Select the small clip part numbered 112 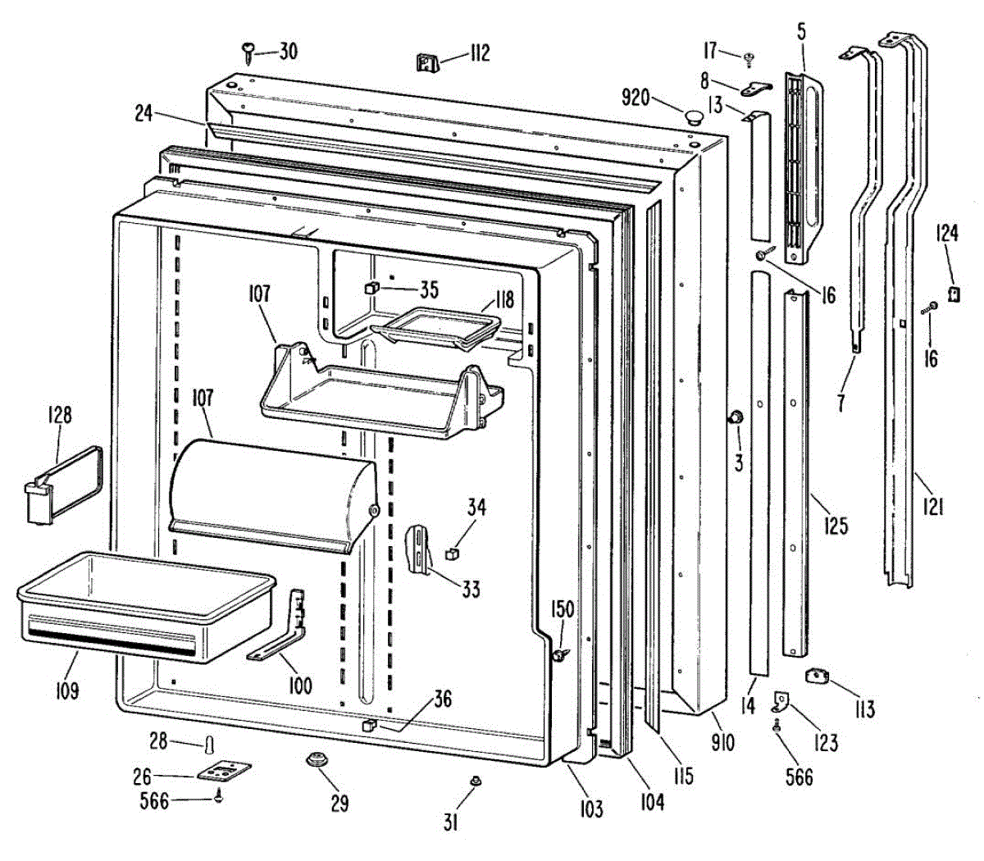click(x=427, y=61)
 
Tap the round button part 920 click(x=694, y=116)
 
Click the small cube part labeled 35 click(x=371, y=288)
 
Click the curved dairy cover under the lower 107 click(x=271, y=492)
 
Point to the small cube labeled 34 click(x=450, y=554)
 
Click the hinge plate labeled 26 click(x=222, y=772)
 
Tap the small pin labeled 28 click(x=210, y=745)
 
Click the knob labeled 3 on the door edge click(x=736, y=418)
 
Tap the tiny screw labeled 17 click(x=749, y=57)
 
